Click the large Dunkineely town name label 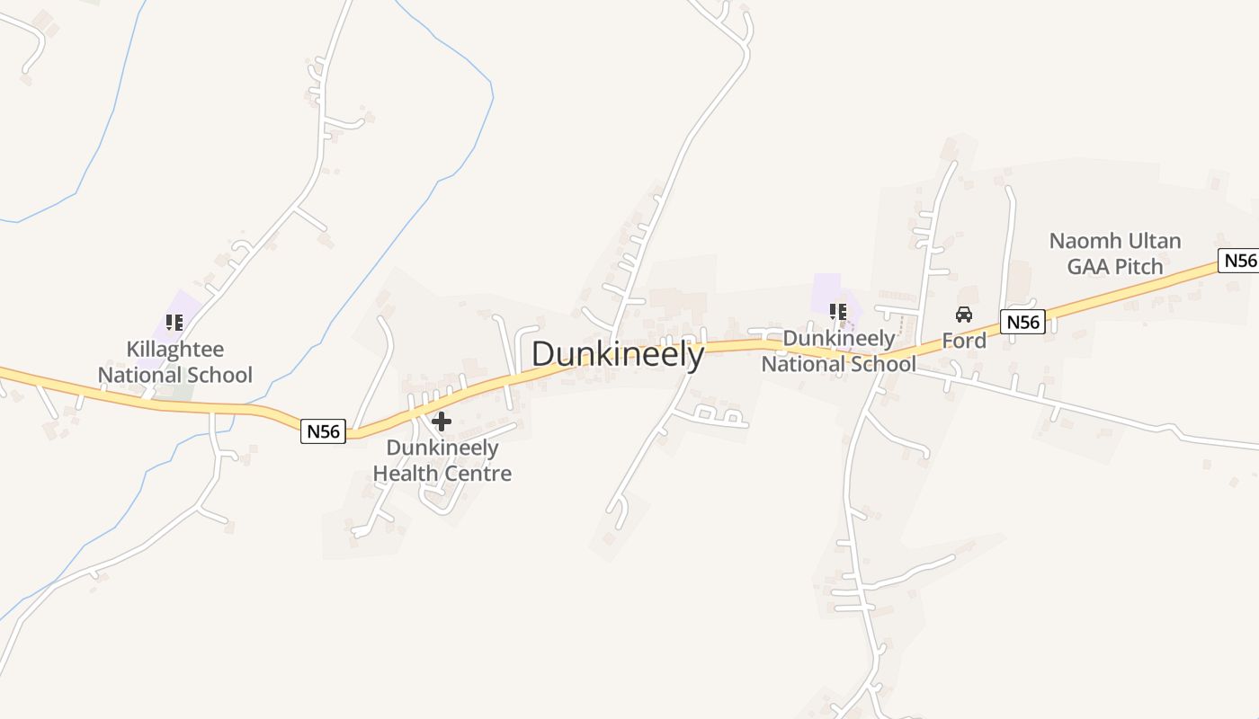pyautogui.click(x=618, y=354)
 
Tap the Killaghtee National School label pyautogui.click(x=175, y=361)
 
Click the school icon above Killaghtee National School pyautogui.click(x=174, y=322)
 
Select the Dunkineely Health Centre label pyautogui.click(x=442, y=460)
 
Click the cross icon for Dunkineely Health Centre pyautogui.click(x=442, y=421)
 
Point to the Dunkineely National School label pyautogui.click(x=838, y=351)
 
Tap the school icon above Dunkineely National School pyautogui.click(x=838, y=312)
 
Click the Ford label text pyautogui.click(x=964, y=341)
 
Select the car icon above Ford pyautogui.click(x=964, y=315)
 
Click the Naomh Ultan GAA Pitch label pyautogui.click(x=1115, y=253)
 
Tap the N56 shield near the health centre pyautogui.click(x=323, y=431)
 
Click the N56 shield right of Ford pyautogui.click(x=1022, y=322)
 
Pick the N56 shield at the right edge pyautogui.click(x=1239, y=261)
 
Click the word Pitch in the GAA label pyautogui.click(x=1138, y=267)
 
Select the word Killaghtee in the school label pyautogui.click(x=175, y=349)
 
